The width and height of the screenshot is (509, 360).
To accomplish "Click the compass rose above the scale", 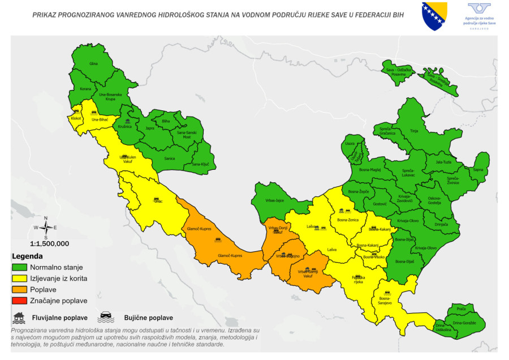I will [x=46, y=228].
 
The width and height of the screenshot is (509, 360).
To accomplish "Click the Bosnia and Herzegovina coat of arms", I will [x=434, y=15].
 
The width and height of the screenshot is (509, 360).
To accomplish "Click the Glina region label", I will [x=94, y=64].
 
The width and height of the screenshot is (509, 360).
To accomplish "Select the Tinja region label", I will [x=414, y=131].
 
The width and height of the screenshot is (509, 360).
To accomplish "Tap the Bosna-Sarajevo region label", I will [x=385, y=300].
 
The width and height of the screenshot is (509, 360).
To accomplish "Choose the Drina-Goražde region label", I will [x=464, y=323].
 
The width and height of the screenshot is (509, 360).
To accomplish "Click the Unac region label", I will [x=158, y=202].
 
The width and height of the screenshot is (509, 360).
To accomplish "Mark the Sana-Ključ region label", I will [x=200, y=164].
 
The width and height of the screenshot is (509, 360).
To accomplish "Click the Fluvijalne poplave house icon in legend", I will [x=19, y=316].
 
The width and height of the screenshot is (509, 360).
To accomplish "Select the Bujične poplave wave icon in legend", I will [x=106, y=316].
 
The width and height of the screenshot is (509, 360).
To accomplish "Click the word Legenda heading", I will [x=28, y=256].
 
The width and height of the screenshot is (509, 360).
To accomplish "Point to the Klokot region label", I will [x=76, y=118].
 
